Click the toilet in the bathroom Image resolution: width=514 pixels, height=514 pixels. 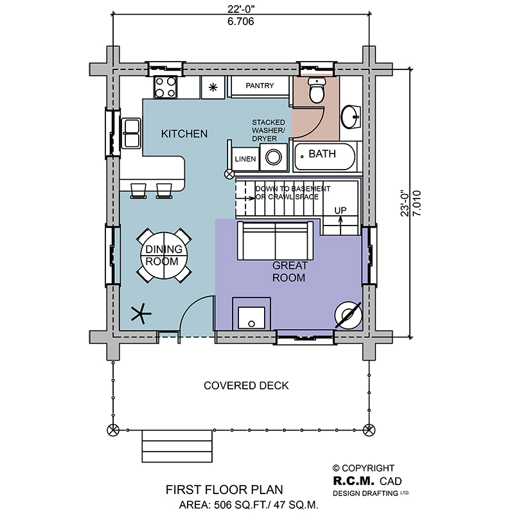click(317, 89)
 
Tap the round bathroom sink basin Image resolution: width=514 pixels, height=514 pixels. click(351, 117)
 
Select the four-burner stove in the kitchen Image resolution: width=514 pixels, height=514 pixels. click(165, 87)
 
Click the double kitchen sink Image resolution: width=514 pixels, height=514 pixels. click(131, 133)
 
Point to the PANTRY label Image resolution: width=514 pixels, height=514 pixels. click(260, 85)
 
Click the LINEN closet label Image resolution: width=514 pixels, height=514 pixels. click(245, 159)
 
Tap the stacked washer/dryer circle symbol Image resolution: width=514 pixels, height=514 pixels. click(274, 157)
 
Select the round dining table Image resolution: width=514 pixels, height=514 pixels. click(164, 255)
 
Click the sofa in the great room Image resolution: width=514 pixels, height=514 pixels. click(275, 241)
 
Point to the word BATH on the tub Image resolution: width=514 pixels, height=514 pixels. click(323, 154)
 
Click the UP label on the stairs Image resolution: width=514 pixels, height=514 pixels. click(341, 210)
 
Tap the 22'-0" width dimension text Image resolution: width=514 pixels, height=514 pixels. click(241, 9)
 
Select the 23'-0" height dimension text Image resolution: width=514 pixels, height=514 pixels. click(405, 203)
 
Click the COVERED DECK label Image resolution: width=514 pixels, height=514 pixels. click(246, 385)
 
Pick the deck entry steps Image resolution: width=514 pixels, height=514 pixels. click(177, 446)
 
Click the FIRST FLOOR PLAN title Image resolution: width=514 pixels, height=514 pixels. click(224, 490)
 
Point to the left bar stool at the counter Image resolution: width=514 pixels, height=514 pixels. click(138, 191)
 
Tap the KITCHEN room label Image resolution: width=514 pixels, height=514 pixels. click(184, 134)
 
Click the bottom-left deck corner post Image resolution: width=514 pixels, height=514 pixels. click(113, 430)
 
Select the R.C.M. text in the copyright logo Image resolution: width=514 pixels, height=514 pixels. click(354, 481)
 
